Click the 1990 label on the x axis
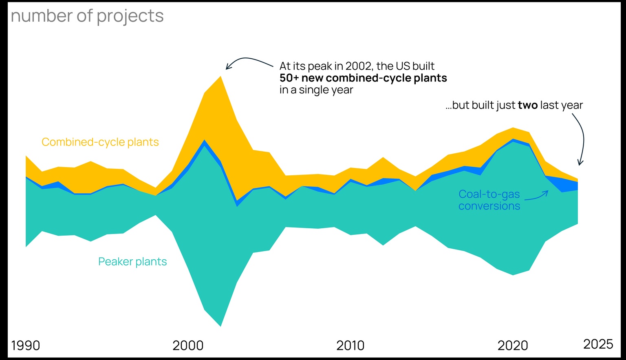coord(25,345)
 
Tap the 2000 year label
coord(188,345)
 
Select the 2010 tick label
coord(350,345)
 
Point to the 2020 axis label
coord(513,345)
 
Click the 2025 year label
coord(598,344)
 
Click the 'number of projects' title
coord(87,16)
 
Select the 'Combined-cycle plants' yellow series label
coord(100,142)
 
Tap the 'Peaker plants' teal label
coord(132,261)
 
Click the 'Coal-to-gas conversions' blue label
coord(489,200)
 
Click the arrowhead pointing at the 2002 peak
coord(227,68)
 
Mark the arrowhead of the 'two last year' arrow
coord(580,164)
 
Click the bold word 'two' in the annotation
coord(528,105)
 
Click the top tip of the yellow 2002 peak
coord(220,77)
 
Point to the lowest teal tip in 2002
coord(220,326)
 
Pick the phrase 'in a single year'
coord(316,90)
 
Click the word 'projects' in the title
coord(130,16)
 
